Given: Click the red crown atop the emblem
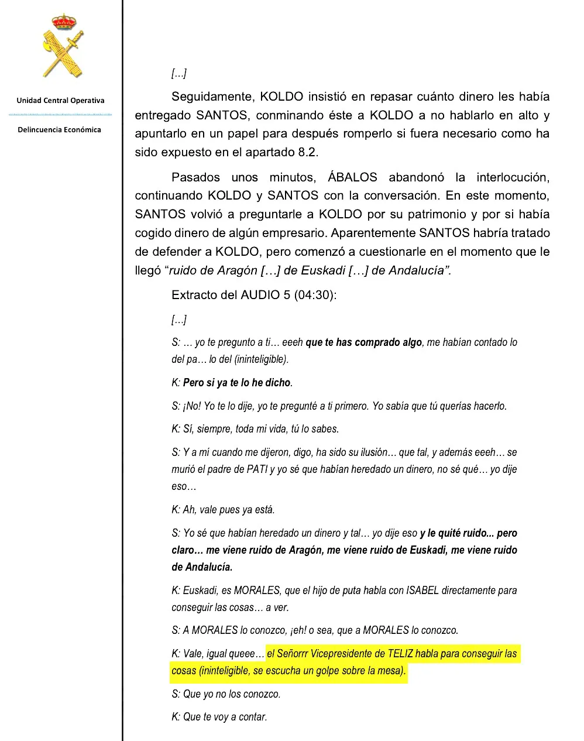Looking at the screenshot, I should (x=64, y=22).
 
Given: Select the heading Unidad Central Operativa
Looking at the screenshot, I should (x=60, y=101).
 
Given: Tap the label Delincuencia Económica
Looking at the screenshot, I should (x=59, y=130).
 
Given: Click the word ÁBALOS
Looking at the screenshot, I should (x=352, y=177).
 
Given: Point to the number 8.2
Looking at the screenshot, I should (x=308, y=152).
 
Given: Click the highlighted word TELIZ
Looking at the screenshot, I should (x=401, y=654).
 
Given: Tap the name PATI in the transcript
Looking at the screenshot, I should (x=257, y=469).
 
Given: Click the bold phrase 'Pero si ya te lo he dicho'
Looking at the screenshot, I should (x=236, y=383).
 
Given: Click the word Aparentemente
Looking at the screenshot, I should (x=373, y=233).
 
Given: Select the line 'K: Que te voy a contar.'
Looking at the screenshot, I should (x=219, y=717).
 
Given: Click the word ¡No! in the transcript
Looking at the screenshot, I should (x=192, y=406).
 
